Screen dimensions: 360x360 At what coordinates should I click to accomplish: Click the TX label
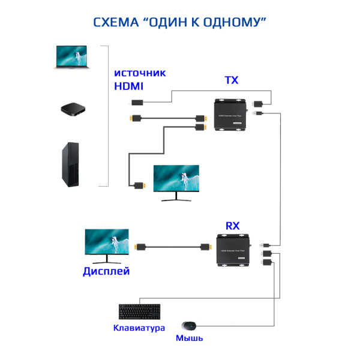[x=231, y=80]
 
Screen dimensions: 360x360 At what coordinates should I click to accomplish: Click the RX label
[x=232, y=226]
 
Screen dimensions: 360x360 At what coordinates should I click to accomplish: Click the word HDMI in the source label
[x=129, y=86]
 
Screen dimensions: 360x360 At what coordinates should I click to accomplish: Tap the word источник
[x=140, y=73]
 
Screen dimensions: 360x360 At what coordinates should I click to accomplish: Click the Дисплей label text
[x=106, y=272]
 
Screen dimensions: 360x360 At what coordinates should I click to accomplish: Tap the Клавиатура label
[x=139, y=328]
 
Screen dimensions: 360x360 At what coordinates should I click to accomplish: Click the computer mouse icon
[x=190, y=326]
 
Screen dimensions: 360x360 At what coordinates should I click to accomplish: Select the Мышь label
[x=189, y=338]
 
